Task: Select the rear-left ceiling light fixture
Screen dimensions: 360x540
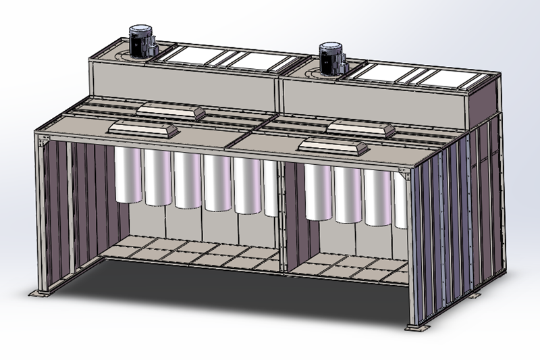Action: tap(171, 111)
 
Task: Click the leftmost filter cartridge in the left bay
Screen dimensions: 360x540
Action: tap(128, 175)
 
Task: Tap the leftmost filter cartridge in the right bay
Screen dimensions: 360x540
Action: tap(317, 192)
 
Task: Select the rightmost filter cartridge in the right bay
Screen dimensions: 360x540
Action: tap(400, 201)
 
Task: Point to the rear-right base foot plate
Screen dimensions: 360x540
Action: tap(475, 296)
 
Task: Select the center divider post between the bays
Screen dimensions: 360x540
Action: tap(284, 216)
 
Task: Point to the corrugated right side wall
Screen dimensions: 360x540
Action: tap(459, 216)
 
